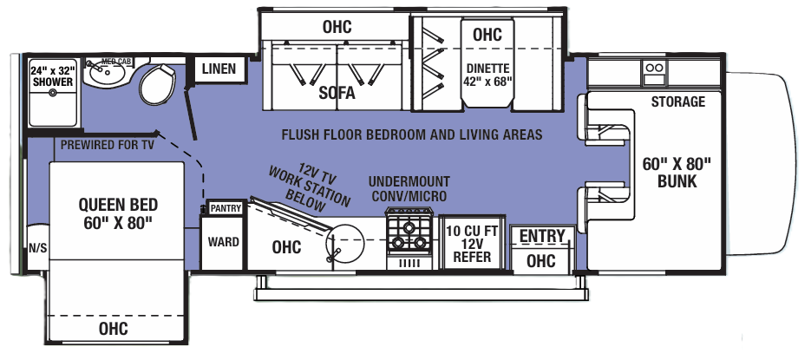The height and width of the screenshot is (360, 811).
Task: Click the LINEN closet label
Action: point(219,69)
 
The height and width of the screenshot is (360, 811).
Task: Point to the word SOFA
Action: point(337,95)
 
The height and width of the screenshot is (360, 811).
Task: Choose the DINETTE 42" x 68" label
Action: point(487,75)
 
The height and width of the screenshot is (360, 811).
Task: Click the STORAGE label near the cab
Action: point(678,101)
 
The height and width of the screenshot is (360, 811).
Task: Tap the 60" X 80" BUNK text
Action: point(678,173)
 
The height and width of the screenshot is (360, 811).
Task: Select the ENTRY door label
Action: point(542,236)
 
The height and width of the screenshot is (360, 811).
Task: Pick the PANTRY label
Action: point(226,208)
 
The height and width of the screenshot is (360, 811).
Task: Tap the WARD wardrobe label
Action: point(223,242)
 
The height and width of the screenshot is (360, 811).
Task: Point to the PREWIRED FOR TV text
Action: point(107,145)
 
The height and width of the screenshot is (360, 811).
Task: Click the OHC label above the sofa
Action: point(337,27)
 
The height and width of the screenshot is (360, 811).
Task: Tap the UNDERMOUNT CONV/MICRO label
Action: point(409,189)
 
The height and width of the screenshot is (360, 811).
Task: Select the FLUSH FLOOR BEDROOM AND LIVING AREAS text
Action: point(411,134)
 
